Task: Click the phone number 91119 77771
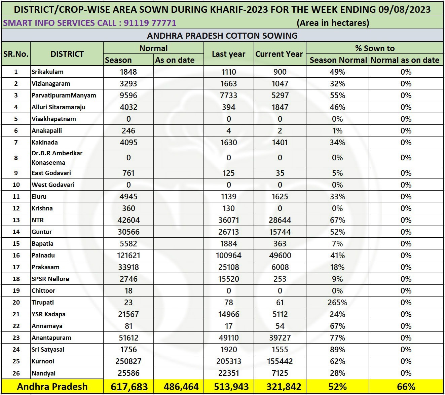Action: [x=150, y=23]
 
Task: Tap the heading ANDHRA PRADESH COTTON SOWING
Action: [x=222, y=36]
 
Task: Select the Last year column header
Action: [x=228, y=54]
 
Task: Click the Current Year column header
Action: [x=279, y=54]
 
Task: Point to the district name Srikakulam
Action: [x=47, y=72]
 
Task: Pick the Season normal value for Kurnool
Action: [x=128, y=361]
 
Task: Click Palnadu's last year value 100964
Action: [x=229, y=255]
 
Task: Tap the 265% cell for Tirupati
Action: [x=337, y=303]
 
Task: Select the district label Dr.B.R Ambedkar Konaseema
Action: [x=57, y=158]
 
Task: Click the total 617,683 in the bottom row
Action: [x=129, y=387]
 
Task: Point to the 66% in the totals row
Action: [x=406, y=387]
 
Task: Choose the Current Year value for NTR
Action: [x=280, y=220]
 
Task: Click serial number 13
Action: [x=16, y=220]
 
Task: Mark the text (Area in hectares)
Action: [x=333, y=23]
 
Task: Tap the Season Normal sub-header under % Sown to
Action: [x=338, y=60]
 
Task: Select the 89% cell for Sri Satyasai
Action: [x=337, y=350]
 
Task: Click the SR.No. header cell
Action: [x=16, y=54]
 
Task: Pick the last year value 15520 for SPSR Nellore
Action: [x=229, y=279]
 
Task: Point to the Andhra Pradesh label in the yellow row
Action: [x=52, y=387]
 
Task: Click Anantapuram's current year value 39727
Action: [x=280, y=338]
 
